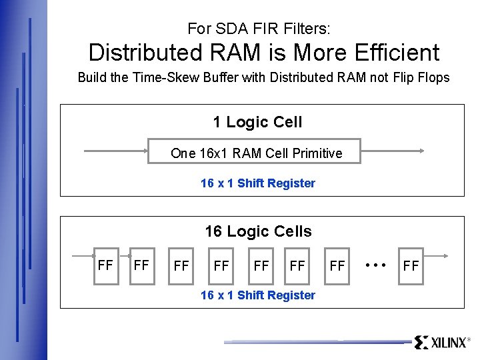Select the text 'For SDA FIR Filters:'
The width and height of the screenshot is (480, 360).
(x=259, y=29)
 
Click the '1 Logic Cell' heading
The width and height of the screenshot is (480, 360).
(x=257, y=122)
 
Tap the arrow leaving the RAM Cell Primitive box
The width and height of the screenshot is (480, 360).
(x=392, y=151)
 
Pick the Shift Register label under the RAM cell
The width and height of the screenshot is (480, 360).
(x=257, y=183)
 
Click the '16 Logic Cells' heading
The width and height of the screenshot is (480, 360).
(x=258, y=231)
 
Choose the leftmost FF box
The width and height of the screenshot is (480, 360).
(x=105, y=265)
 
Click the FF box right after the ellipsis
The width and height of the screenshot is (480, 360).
(x=411, y=266)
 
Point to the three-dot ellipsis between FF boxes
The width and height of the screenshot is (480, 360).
(x=376, y=265)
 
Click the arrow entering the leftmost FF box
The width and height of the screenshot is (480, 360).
(x=83, y=254)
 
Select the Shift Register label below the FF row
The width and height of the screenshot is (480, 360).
(x=257, y=295)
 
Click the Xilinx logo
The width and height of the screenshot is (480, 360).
(x=442, y=343)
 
